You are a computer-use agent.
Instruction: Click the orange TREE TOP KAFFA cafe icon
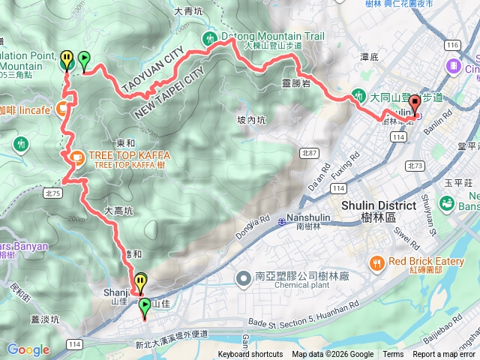tap(76, 156)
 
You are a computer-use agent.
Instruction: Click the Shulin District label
tap(378, 206)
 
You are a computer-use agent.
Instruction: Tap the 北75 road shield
tap(51, 192)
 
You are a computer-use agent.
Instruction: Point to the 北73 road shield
tap(415, 165)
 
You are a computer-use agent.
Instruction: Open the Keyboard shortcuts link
tap(250, 355)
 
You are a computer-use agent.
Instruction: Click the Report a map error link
tap(445, 355)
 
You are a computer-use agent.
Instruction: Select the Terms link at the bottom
tap(393, 355)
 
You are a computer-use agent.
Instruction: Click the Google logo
tap(28, 349)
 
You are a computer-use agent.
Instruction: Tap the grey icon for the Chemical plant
tap(243, 279)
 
